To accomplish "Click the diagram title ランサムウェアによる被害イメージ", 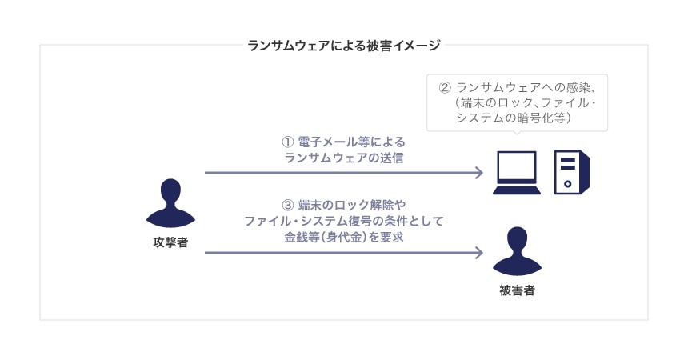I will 344,46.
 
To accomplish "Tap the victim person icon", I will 517,254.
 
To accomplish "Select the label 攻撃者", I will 170,242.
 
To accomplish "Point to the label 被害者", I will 517,290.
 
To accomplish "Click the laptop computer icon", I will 517,173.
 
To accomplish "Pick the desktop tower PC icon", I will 573,173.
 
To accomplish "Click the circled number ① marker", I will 288,141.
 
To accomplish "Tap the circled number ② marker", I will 446,86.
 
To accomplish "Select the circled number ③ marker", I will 289,203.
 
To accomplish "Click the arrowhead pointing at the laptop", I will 478,173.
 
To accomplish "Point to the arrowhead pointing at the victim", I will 478,254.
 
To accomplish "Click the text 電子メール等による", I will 350,141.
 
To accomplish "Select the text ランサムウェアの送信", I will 344,158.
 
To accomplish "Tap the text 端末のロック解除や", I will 352,203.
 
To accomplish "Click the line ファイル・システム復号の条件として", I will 344,220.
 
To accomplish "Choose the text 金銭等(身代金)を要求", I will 344,237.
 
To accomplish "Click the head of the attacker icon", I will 170,191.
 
